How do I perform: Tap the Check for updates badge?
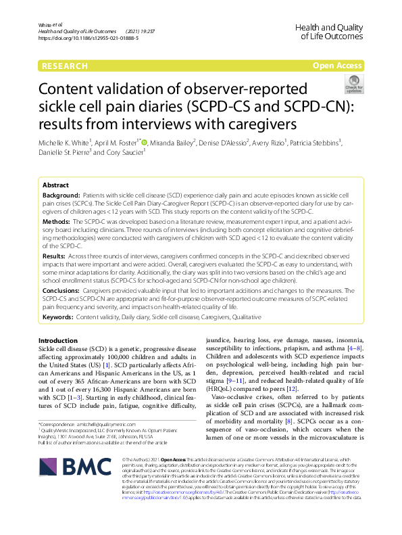pos(353,85)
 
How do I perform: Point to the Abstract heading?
pos(55,185)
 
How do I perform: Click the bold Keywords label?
pos(59,316)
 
